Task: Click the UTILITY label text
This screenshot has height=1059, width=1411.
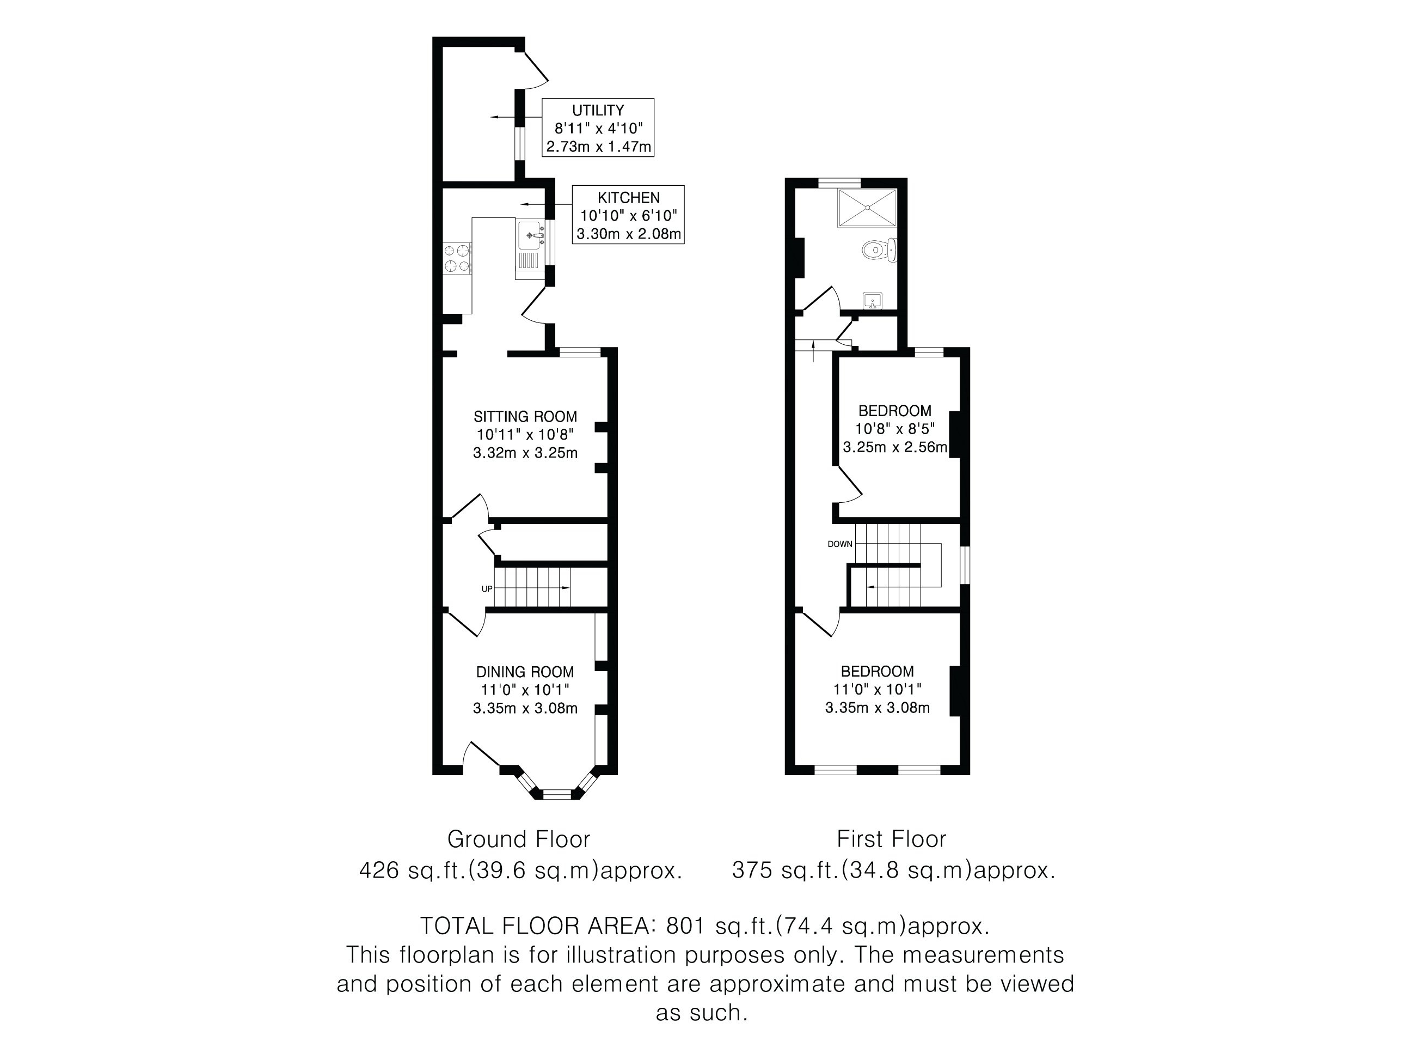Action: tap(598, 110)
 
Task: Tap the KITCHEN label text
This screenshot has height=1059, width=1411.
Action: tap(628, 198)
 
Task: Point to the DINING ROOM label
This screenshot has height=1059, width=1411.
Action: tap(525, 672)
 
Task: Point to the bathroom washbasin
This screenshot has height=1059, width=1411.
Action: tap(872, 300)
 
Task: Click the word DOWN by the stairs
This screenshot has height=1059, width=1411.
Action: tap(839, 544)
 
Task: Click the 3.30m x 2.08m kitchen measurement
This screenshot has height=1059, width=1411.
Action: tap(628, 234)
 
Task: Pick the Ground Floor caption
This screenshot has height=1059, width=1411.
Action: tap(519, 839)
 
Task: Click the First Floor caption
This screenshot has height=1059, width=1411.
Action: tap(891, 839)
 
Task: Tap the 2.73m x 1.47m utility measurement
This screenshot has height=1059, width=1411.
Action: tap(598, 148)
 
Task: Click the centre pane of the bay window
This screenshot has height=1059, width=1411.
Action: tap(557, 794)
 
